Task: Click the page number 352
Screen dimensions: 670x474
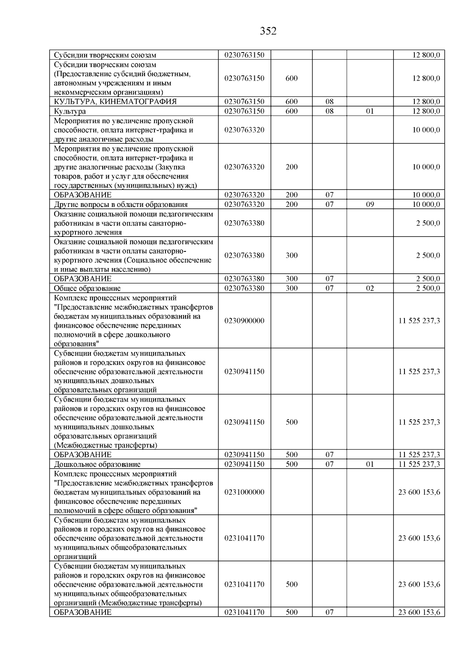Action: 268,31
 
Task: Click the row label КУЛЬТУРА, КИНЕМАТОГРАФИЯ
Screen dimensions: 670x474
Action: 115,101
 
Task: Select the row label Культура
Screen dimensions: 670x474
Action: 70,111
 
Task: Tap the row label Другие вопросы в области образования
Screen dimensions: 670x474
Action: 120,205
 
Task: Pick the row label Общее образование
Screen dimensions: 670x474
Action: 87,289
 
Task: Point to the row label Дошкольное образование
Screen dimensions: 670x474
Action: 97,464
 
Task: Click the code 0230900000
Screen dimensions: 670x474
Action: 244,321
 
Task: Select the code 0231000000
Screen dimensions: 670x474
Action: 244,492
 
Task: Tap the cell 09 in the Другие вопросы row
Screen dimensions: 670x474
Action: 370,205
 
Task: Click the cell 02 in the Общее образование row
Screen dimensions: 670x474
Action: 370,288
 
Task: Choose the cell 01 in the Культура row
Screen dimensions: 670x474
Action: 370,111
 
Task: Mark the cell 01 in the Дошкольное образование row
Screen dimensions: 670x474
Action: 370,464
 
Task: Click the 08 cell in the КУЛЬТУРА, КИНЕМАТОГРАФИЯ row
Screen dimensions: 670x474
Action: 329,101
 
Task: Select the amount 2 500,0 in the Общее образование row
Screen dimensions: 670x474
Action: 428,288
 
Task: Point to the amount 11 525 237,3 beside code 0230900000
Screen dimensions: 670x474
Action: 419,321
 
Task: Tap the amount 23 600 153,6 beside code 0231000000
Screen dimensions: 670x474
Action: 419,492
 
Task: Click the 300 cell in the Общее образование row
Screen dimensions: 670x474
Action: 292,288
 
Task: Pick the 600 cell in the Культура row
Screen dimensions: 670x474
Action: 292,111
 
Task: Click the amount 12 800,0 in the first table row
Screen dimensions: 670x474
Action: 426,55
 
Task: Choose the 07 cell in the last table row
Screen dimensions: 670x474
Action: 329,612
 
